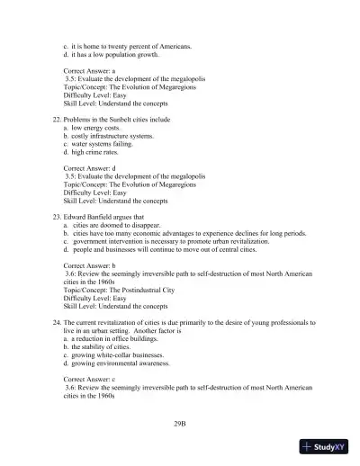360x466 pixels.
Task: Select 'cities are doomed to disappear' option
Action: pos(117,229)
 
